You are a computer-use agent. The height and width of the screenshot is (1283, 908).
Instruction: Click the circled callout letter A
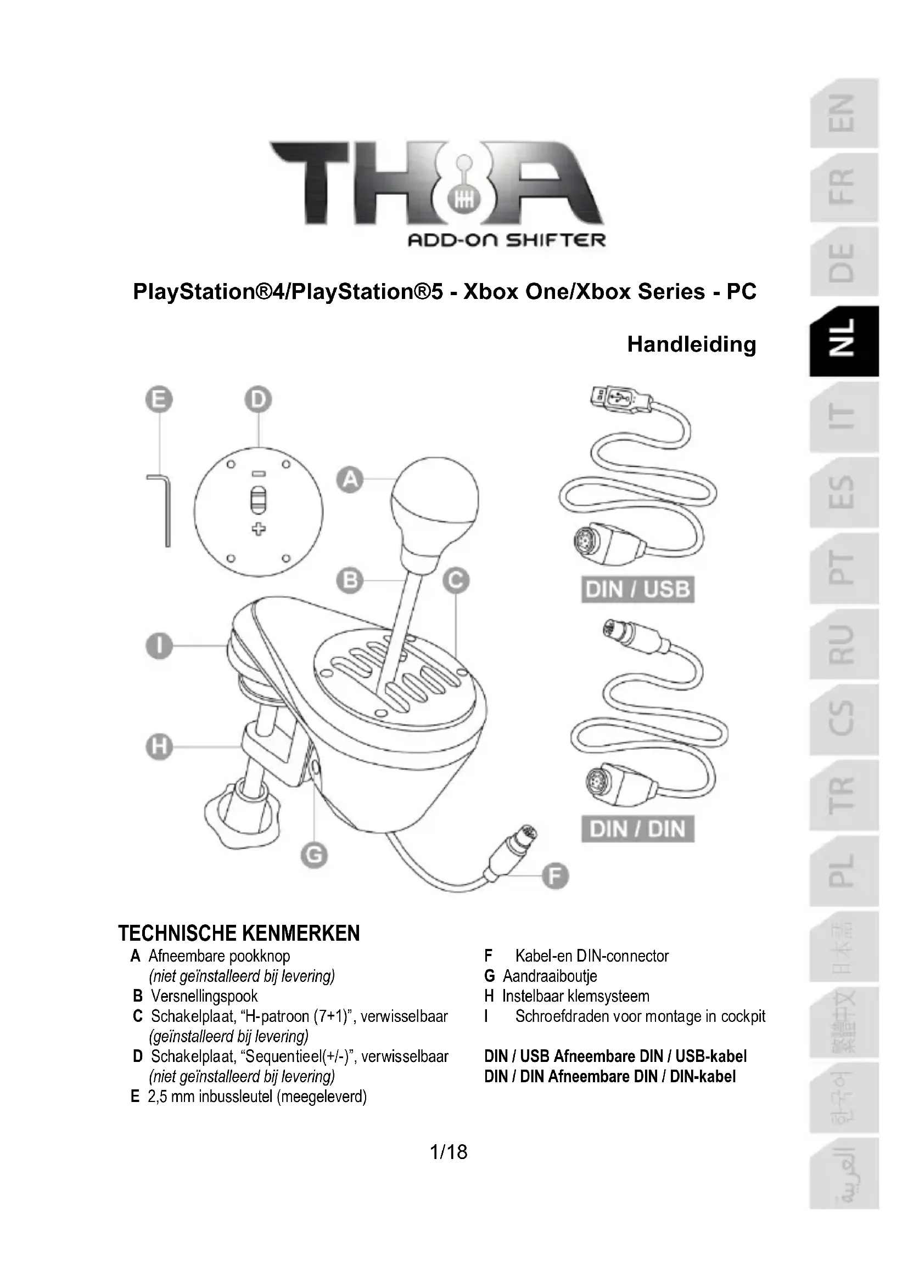point(350,479)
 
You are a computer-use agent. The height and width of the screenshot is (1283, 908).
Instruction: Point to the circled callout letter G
point(313,855)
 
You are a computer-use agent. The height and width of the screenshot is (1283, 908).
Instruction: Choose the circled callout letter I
point(159,646)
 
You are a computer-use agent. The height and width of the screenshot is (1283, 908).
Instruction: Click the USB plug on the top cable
point(621,399)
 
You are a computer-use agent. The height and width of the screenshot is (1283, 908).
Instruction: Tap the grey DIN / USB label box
point(637,590)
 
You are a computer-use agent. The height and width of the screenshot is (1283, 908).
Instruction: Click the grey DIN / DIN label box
point(637,829)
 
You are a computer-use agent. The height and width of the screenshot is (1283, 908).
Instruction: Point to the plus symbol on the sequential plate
point(258,529)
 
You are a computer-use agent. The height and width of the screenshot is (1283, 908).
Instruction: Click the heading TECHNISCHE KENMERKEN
point(239,934)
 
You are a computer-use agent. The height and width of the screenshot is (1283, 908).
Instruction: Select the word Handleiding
point(691,344)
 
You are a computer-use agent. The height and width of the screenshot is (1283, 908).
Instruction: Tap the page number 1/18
point(449,1152)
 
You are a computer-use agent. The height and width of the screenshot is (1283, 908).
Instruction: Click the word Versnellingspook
point(204,996)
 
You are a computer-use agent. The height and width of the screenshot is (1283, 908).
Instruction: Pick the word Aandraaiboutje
point(550,976)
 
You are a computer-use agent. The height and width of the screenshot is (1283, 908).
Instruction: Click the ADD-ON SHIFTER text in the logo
point(507,240)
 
